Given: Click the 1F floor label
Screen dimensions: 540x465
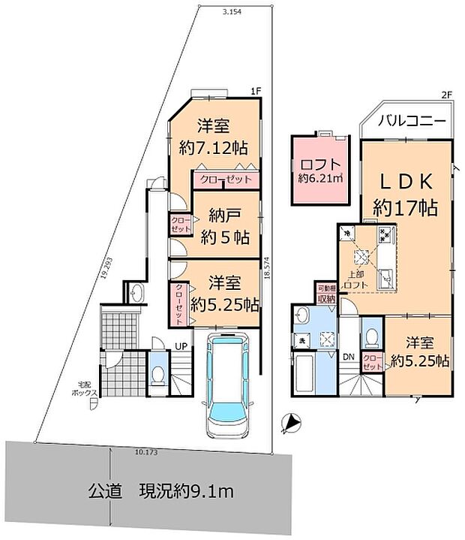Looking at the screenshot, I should point(256,92).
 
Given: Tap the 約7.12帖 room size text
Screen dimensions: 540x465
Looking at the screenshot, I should point(214,147).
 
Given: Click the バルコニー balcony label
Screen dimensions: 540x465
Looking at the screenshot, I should point(412,121).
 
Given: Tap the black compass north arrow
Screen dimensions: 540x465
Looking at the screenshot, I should point(289,424).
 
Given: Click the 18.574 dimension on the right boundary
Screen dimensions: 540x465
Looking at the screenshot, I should point(266,272).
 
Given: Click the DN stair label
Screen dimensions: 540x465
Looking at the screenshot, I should point(349,357).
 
